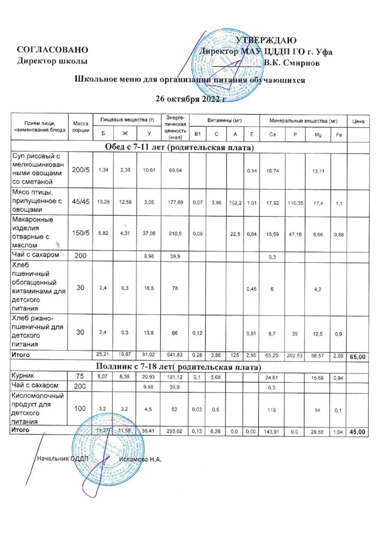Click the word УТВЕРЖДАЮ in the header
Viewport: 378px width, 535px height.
point(266,41)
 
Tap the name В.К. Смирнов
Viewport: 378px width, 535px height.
point(296,63)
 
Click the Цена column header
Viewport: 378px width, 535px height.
point(358,121)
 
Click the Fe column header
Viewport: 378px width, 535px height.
point(338,135)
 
